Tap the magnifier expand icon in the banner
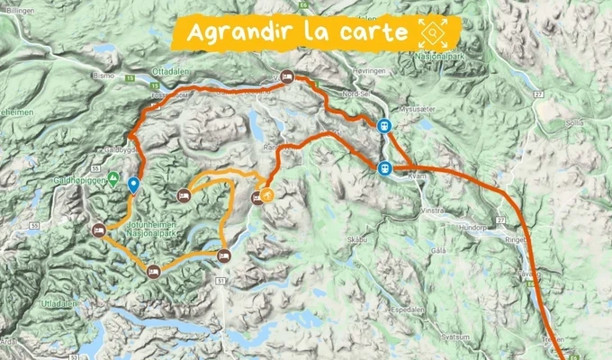[433, 32]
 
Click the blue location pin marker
[133, 186]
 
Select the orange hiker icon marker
[267, 193]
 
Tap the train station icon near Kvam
[384, 167]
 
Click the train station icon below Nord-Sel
[384, 127]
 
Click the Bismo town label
[103, 76]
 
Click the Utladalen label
[58, 303]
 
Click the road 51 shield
[220, 283]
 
